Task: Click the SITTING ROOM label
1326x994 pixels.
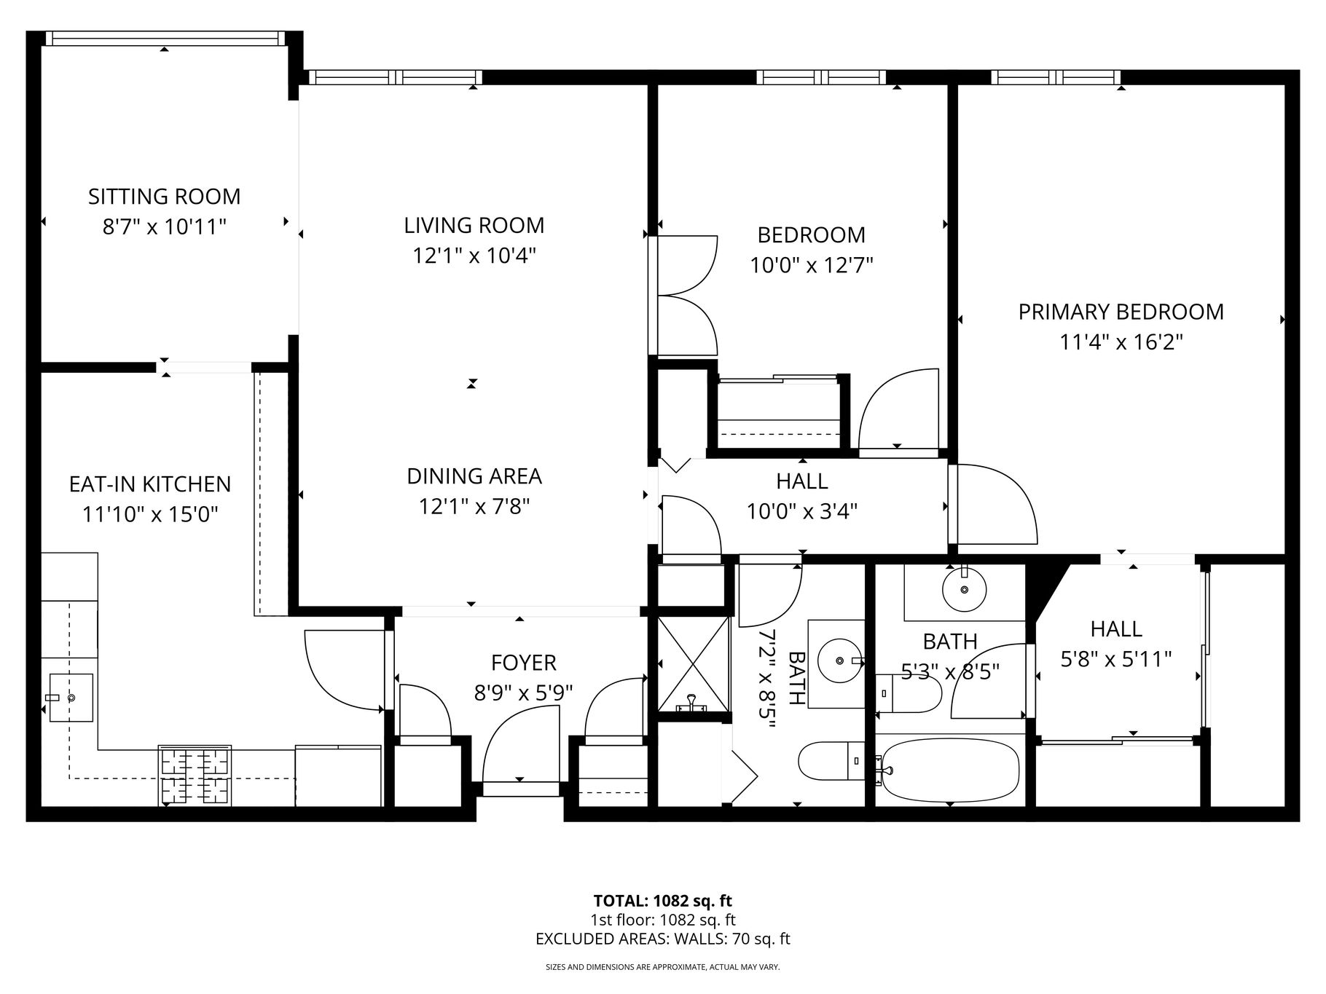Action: [x=164, y=197]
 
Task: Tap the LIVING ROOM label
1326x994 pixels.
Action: [x=474, y=226]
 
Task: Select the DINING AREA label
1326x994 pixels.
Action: [x=474, y=476]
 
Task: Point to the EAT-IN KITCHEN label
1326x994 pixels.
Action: [x=149, y=484]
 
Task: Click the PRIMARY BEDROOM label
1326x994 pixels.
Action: [x=1121, y=312]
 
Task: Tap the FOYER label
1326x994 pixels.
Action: [x=523, y=663]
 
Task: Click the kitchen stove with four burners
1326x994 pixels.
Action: [x=195, y=776]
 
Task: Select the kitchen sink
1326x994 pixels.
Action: [x=71, y=698]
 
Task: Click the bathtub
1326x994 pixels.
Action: [x=949, y=770]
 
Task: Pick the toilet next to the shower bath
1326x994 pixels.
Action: [x=831, y=760]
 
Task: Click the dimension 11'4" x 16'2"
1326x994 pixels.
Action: [x=1121, y=342]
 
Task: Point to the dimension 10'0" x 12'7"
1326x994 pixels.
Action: [x=811, y=265]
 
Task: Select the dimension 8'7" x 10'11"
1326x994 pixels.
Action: [x=164, y=227]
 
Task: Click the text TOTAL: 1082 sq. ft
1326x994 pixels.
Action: [x=662, y=902]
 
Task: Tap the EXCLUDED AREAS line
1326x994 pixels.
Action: [x=662, y=939]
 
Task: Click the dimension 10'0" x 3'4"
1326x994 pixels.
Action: [x=801, y=512]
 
